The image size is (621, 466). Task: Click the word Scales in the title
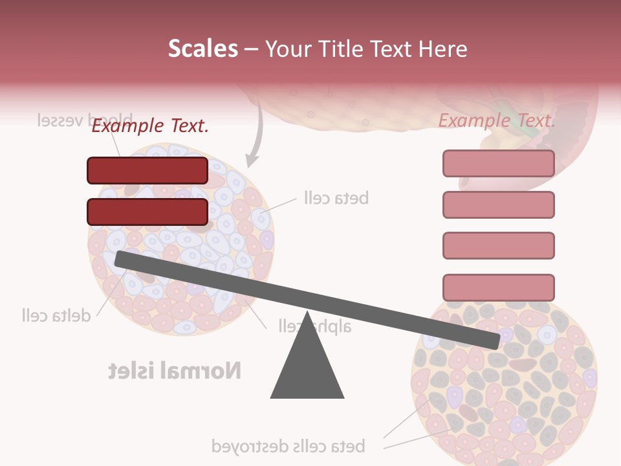point(202,49)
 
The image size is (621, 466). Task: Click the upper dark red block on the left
point(147,170)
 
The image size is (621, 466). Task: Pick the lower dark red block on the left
point(147,212)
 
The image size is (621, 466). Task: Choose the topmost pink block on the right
point(498,163)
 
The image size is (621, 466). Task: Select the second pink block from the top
point(498,205)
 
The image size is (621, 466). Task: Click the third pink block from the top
point(498,245)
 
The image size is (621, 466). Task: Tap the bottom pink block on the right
point(498,287)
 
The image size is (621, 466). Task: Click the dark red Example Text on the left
point(149,126)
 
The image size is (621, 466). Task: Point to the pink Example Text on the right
point(497,120)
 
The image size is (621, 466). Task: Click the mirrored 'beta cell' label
point(336,198)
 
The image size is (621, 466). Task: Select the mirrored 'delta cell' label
point(55,316)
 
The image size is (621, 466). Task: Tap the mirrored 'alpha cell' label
point(315,326)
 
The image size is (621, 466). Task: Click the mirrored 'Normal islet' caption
point(174,371)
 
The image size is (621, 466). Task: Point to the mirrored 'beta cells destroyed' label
point(288,446)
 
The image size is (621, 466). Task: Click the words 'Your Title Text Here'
point(366,49)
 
